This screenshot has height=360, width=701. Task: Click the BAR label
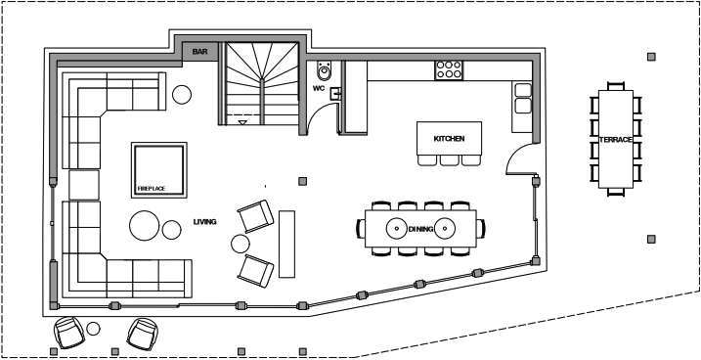click(199, 52)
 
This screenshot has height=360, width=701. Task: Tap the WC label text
click(319, 88)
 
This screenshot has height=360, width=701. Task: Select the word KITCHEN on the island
click(449, 139)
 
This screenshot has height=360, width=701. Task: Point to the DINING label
click(420, 229)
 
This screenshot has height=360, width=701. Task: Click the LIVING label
click(204, 221)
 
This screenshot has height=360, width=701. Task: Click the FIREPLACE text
click(152, 189)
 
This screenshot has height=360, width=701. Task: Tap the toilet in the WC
click(325, 70)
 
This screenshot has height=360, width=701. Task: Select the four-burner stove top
click(449, 70)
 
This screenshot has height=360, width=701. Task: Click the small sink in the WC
click(335, 94)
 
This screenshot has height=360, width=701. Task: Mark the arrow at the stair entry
click(242, 122)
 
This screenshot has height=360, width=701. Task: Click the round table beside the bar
click(182, 94)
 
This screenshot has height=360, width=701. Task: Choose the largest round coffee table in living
click(145, 226)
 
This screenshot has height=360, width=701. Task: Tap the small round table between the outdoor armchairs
click(93, 329)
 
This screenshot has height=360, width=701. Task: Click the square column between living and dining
click(303, 181)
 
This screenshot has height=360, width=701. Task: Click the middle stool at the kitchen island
click(449, 160)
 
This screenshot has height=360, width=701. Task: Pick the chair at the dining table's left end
click(361, 228)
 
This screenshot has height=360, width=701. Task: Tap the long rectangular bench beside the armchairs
click(287, 245)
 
